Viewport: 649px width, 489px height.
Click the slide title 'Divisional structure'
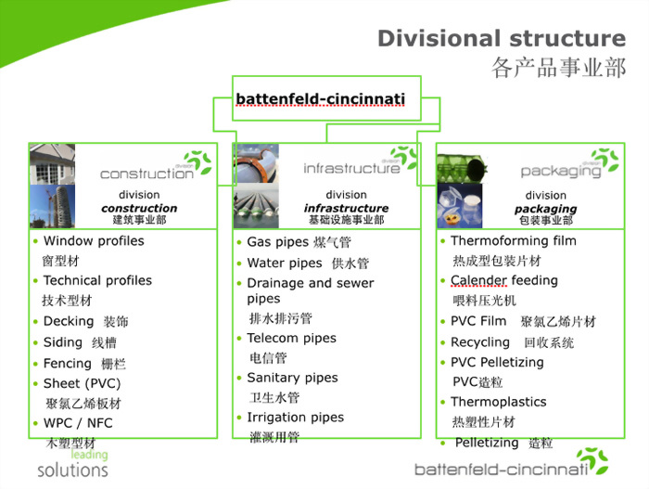click(501, 38)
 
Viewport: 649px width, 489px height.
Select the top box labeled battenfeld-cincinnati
click(320, 98)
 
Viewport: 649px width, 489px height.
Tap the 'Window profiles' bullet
click(94, 240)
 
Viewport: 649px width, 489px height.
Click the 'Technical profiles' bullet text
click(97, 280)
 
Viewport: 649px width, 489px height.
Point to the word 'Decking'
click(69, 321)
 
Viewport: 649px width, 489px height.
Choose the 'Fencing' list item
click(68, 363)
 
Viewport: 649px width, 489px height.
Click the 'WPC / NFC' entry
click(78, 423)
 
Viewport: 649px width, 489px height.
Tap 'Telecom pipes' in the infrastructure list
click(291, 339)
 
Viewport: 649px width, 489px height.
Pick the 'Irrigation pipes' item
click(295, 418)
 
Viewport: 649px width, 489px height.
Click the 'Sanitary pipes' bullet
click(292, 378)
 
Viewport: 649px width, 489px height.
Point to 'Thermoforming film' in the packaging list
click(513, 240)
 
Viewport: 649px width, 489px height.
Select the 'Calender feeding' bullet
click(503, 280)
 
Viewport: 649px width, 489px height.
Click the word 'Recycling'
click(480, 341)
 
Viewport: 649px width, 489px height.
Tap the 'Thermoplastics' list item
click(498, 402)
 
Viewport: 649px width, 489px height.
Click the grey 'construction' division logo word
click(146, 174)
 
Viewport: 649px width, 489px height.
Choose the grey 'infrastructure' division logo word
click(351, 169)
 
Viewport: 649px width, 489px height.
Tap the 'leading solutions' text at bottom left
click(73, 463)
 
